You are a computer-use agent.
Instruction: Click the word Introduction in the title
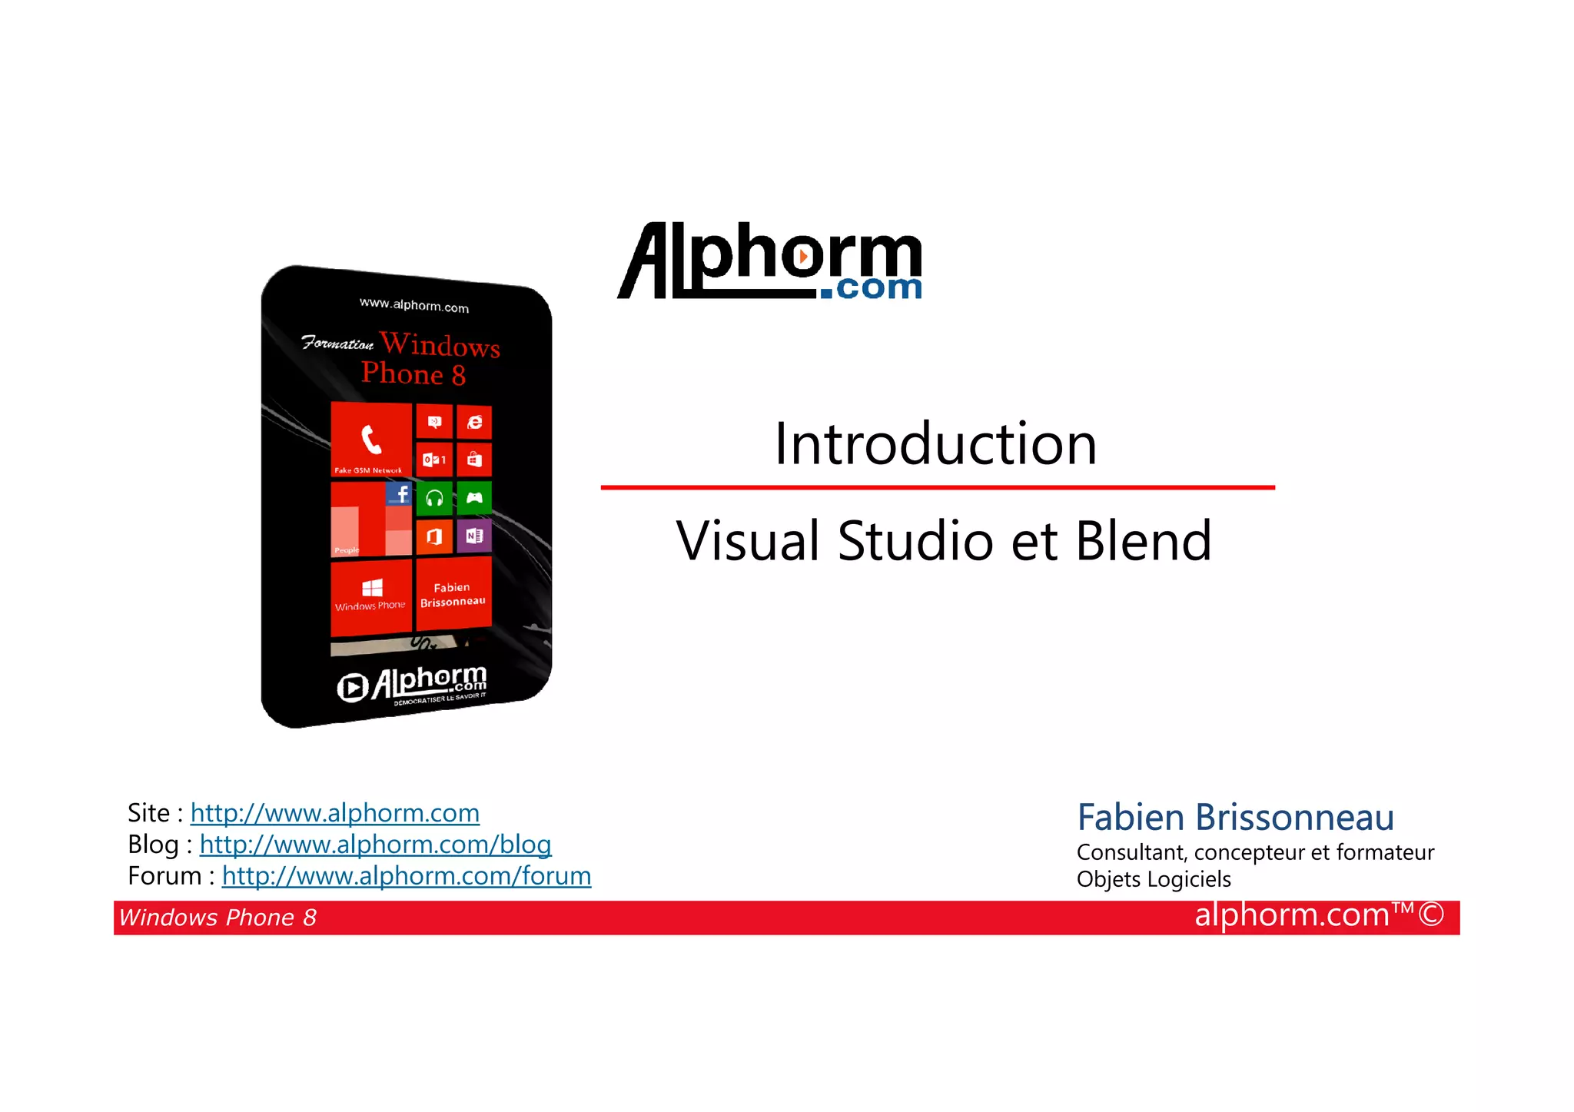coord(935,444)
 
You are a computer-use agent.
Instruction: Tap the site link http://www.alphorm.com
coord(334,813)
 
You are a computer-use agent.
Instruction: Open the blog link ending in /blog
coord(375,845)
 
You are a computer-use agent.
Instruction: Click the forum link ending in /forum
coord(407,876)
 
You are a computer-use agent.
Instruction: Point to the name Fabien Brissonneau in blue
coord(1235,817)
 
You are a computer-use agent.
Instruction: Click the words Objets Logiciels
coord(1154,879)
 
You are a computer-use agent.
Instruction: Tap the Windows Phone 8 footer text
coord(218,918)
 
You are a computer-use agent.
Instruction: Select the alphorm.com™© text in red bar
coord(1319,915)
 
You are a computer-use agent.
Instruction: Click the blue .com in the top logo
coord(871,288)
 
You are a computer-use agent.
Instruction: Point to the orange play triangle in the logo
coord(802,256)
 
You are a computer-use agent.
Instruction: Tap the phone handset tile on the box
coord(371,439)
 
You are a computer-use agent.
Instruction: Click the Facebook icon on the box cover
coord(399,493)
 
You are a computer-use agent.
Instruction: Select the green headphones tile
coord(434,499)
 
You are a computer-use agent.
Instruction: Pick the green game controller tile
coord(474,498)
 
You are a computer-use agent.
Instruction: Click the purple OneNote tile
coord(474,536)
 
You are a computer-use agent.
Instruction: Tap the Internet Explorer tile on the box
coord(475,422)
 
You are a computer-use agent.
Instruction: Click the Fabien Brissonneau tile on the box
coord(453,594)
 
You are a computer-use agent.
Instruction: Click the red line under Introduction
coord(937,487)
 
